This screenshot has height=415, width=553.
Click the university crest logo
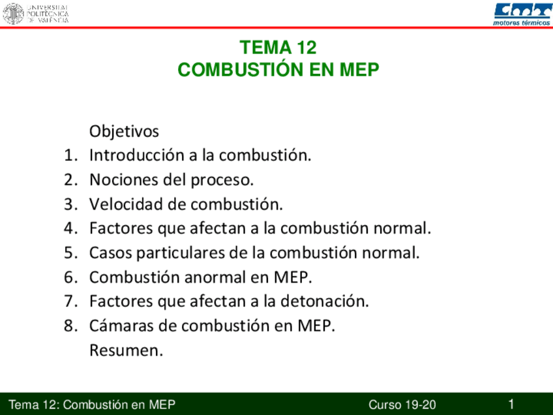click(x=13, y=13)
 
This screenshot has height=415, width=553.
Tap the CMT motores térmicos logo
click(x=522, y=12)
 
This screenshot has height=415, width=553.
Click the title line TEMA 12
click(x=278, y=48)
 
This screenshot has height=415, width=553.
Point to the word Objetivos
click(x=124, y=131)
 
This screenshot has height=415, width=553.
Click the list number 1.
click(x=70, y=155)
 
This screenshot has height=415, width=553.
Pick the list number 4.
click(x=70, y=228)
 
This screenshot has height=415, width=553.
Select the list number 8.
click(x=70, y=326)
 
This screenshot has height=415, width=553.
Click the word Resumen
click(x=125, y=350)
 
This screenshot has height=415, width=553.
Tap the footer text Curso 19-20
click(x=402, y=405)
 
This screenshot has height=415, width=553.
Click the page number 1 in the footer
click(x=512, y=404)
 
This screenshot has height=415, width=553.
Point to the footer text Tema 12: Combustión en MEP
click(x=92, y=405)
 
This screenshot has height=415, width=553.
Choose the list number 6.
click(x=70, y=277)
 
